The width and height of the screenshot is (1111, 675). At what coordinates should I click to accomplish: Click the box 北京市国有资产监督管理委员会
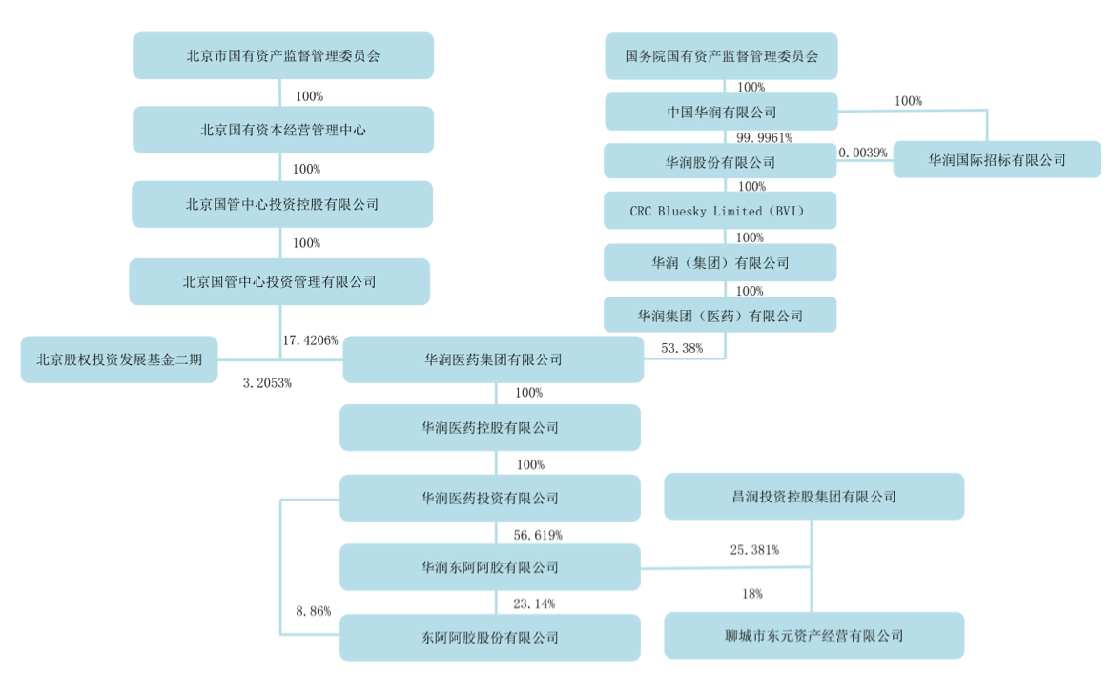click(282, 55)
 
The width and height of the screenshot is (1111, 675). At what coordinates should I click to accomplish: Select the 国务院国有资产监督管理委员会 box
click(721, 56)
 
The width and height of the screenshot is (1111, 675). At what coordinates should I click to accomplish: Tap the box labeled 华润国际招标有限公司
click(997, 159)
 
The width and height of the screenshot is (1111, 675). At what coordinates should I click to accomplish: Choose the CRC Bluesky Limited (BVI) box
click(720, 211)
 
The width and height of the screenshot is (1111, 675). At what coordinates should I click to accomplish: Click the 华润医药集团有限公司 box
click(493, 359)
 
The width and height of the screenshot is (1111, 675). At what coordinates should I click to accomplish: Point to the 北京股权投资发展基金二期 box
click(119, 359)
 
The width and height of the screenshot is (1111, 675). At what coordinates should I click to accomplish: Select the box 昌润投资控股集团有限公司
click(814, 497)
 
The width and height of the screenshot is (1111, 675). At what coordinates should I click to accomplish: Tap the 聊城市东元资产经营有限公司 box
click(814, 635)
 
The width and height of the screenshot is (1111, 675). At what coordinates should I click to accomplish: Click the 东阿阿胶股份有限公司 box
click(489, 638)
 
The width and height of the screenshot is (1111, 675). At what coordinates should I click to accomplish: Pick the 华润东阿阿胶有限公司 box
click(489, 566)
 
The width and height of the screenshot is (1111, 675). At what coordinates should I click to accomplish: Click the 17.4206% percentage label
click(310, 340)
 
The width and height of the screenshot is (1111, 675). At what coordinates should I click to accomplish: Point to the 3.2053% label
click(267, 383)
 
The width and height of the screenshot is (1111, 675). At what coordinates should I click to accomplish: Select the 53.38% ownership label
click(682, 348)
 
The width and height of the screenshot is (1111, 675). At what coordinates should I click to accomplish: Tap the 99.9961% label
click(764, 137)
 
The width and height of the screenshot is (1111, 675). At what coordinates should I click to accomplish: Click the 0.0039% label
click(862, 153)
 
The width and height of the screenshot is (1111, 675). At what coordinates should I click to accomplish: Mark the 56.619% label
click(538, 535)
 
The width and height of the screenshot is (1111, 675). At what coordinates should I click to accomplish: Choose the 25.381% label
click(754, 550)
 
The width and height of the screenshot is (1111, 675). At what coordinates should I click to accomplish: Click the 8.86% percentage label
click(313, 610)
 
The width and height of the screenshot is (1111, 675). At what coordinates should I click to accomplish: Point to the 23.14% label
click(534, 603)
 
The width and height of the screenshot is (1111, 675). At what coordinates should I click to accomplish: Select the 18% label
click(752, 594)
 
